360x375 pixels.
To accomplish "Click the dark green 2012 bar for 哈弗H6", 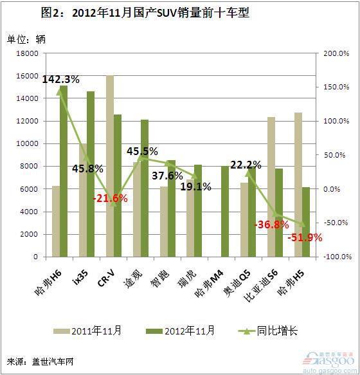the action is point(64,171).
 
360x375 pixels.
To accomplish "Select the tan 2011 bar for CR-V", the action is point(110,166).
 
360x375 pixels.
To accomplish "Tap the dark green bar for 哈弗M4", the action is point(225,212).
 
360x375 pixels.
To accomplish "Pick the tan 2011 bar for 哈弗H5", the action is point(298,185).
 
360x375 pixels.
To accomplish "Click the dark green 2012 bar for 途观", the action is point(145,188).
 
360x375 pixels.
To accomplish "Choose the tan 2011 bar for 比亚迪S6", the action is point(271,187).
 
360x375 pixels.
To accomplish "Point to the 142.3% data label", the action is point(60,79).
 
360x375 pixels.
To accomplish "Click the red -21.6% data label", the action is point(110,198).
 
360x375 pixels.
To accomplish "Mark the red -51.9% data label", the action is point(305,238).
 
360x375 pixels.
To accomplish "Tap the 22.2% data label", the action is point(246,165).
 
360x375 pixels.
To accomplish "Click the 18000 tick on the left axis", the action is point(27,53).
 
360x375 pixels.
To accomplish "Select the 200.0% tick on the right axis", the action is point(336,53).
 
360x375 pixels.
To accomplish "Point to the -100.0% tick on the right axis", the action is point(337,257).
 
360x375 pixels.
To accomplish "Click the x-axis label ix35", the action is point(80,277).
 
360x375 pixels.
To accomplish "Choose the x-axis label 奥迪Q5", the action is point(237,284).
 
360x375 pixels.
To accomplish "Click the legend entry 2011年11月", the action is point(87,331).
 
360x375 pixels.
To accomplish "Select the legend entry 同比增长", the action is point(268,331).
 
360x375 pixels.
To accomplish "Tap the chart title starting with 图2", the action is point(145,13).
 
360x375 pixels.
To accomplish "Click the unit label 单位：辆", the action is point(26,39).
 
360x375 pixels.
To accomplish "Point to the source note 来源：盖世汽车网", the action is point(40,361).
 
